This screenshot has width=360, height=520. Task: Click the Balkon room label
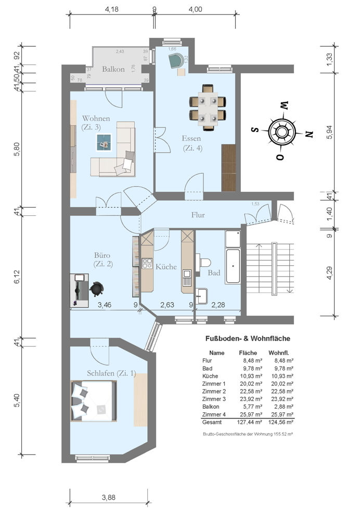(x=113, y=69)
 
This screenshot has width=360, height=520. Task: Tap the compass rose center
(x=281, y=132)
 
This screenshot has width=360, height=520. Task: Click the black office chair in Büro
(x=97, y=288)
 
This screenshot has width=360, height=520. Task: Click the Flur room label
(x=198, y=214)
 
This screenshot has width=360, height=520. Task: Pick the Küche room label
(x=166, y=267)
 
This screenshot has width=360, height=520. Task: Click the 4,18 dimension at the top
(x=112, y=9)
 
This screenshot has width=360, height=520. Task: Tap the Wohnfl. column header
(x=278, y=353)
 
